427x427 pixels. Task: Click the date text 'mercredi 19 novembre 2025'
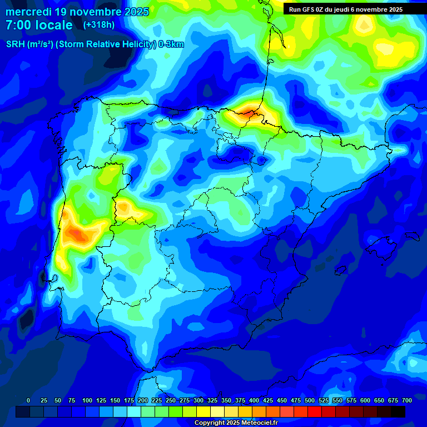click(77, 12)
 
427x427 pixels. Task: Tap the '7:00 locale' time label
click(39, 25)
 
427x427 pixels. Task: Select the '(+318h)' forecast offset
click(99, 24)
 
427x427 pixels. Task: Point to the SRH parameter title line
click(95, 44)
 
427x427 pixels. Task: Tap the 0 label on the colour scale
click(28, 400)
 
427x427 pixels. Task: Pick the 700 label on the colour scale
click(406, 400)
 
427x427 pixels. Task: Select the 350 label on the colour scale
click(226, 400)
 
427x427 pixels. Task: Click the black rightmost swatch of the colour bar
click(398, 411)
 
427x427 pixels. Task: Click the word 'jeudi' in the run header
click(340, 9)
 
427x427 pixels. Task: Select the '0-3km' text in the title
click(171, 44)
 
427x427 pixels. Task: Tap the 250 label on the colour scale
click(170, 400)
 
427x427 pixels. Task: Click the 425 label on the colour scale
click(267, 400)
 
